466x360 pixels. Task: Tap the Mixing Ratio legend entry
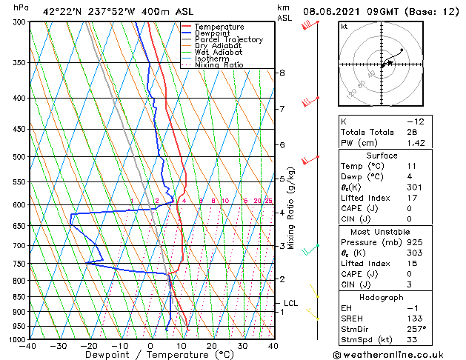coord(219,65)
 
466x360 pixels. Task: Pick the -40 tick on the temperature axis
coord(28,346)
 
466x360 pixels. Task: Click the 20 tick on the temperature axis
coord(212,346)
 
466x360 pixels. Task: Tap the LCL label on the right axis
coord(291,303)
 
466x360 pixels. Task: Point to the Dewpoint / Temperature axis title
coord(150,355)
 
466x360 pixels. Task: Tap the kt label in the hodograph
coord(344,27)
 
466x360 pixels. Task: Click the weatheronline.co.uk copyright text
coord(398,354)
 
